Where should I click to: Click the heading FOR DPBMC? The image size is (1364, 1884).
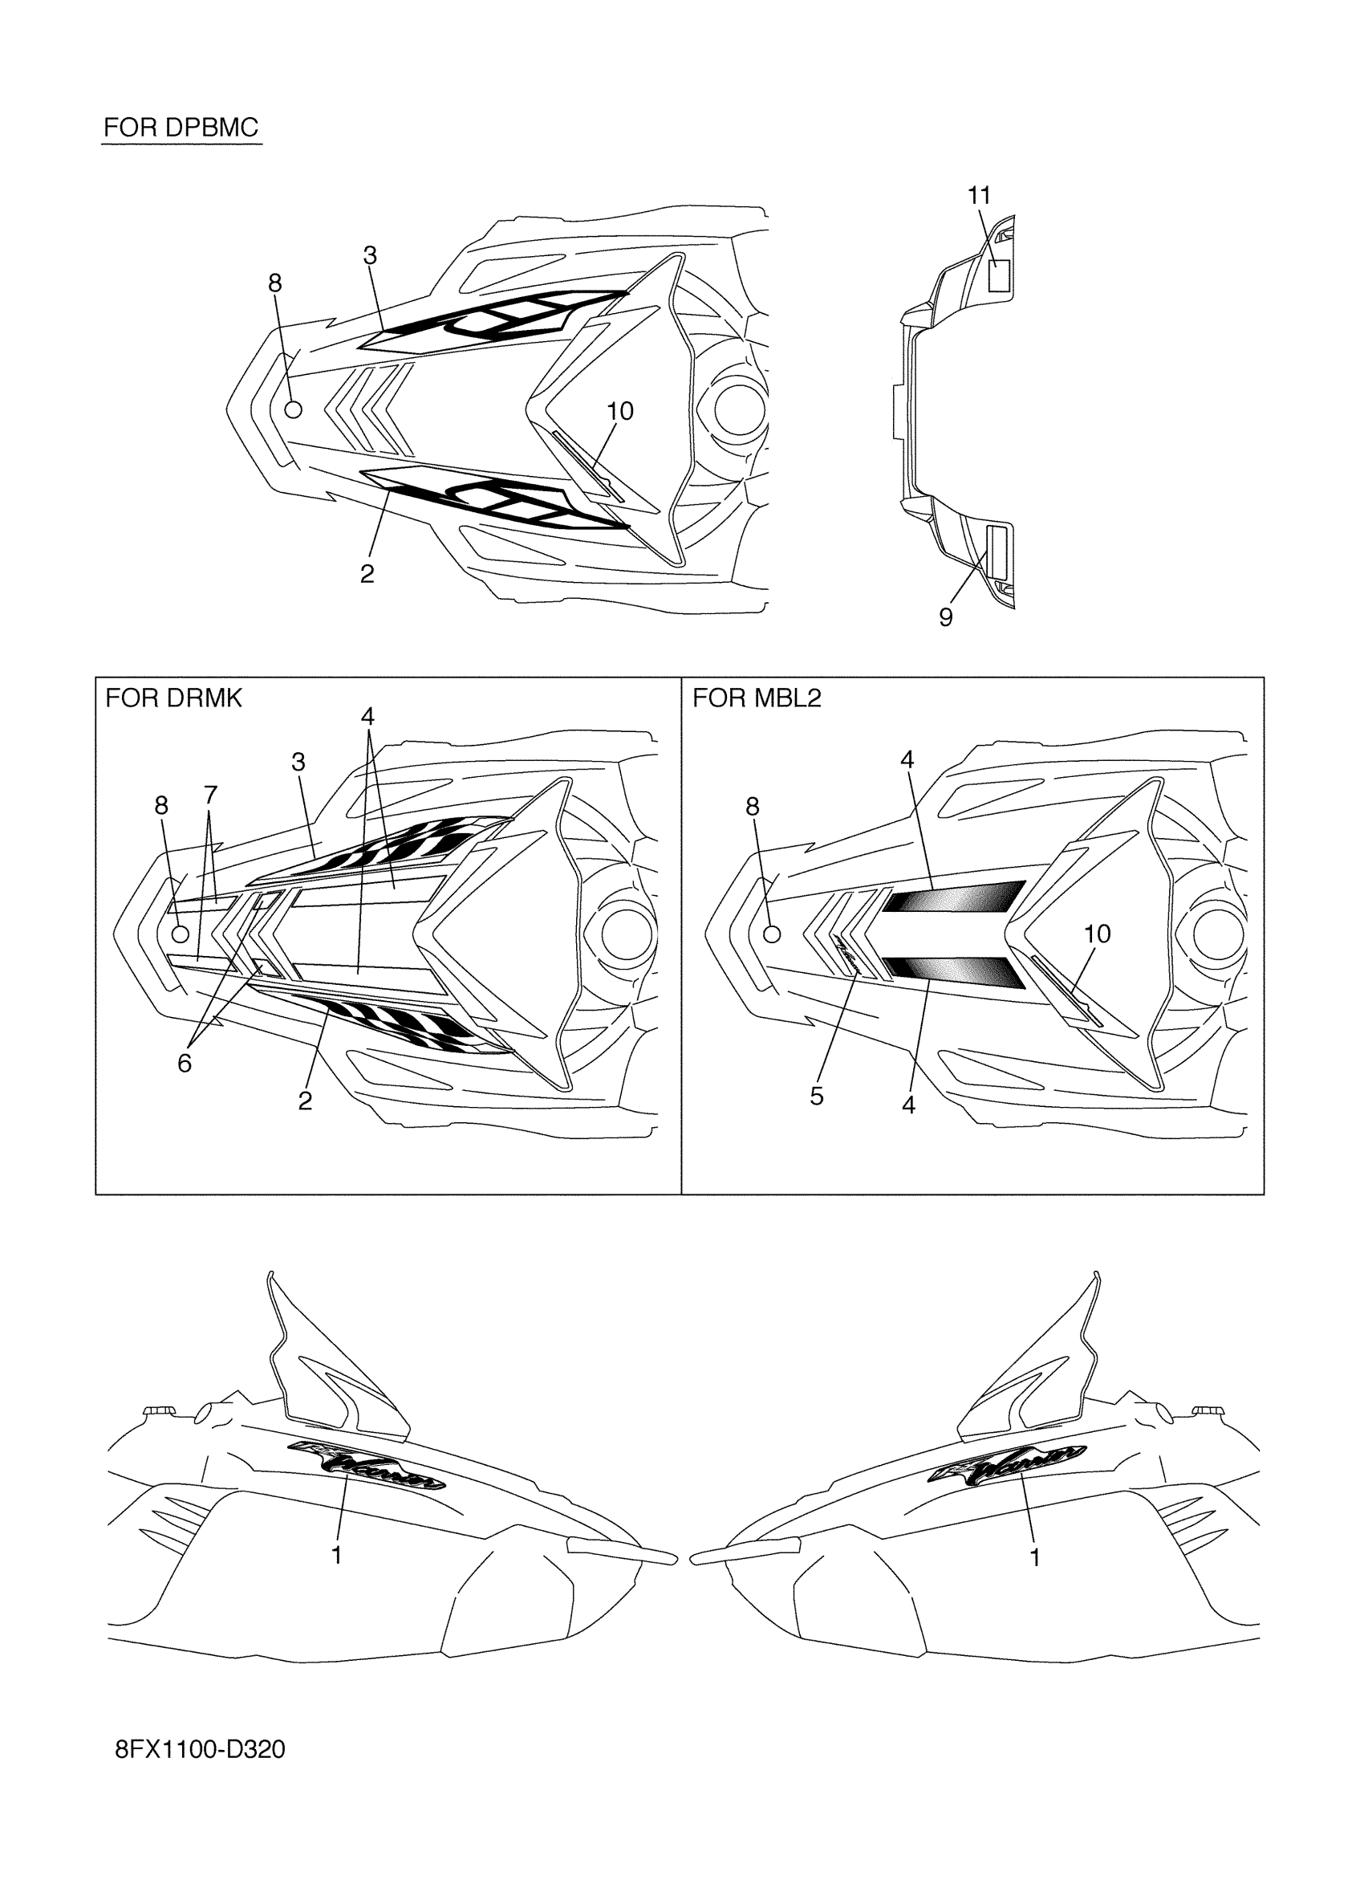[x=181, y=128]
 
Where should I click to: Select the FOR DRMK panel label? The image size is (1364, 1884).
[x=173, y=698]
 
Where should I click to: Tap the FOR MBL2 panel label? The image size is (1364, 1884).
[x=757, y=698]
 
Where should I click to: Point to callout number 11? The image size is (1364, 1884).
[x=980, y=196]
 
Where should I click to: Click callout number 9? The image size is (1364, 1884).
[x=946, y=617]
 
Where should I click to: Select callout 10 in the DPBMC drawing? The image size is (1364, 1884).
[x=620, y=411]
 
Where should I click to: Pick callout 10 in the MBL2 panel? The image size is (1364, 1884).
[x=1097, y=934]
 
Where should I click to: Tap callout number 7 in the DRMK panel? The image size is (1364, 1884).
[x=211, y=796]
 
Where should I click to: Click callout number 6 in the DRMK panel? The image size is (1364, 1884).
[x=185, y=1064]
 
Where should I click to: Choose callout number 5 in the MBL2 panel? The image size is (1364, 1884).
[x=817, y=1097]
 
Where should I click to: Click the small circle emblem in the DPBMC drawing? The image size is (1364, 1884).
[x=293, y=409]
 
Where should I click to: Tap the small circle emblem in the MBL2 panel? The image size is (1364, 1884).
[x=771, y=934]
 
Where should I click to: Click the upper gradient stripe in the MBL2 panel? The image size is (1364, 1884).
[x=954, y=897]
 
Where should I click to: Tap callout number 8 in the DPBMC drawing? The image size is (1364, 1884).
[x=274, y=284]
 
